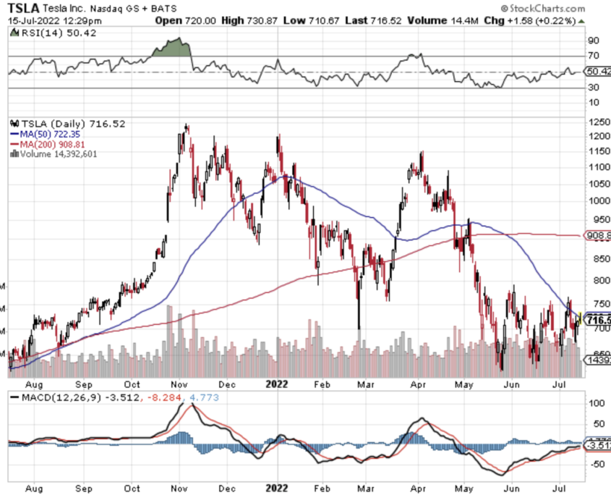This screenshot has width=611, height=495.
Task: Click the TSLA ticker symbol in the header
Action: coord(23,8)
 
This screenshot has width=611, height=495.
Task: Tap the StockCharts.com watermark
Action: coord(564,9)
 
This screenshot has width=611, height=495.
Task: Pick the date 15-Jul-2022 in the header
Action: coord(33,20)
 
